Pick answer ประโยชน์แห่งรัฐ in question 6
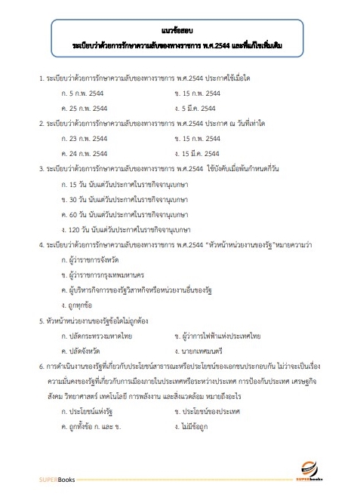[86, 412]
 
